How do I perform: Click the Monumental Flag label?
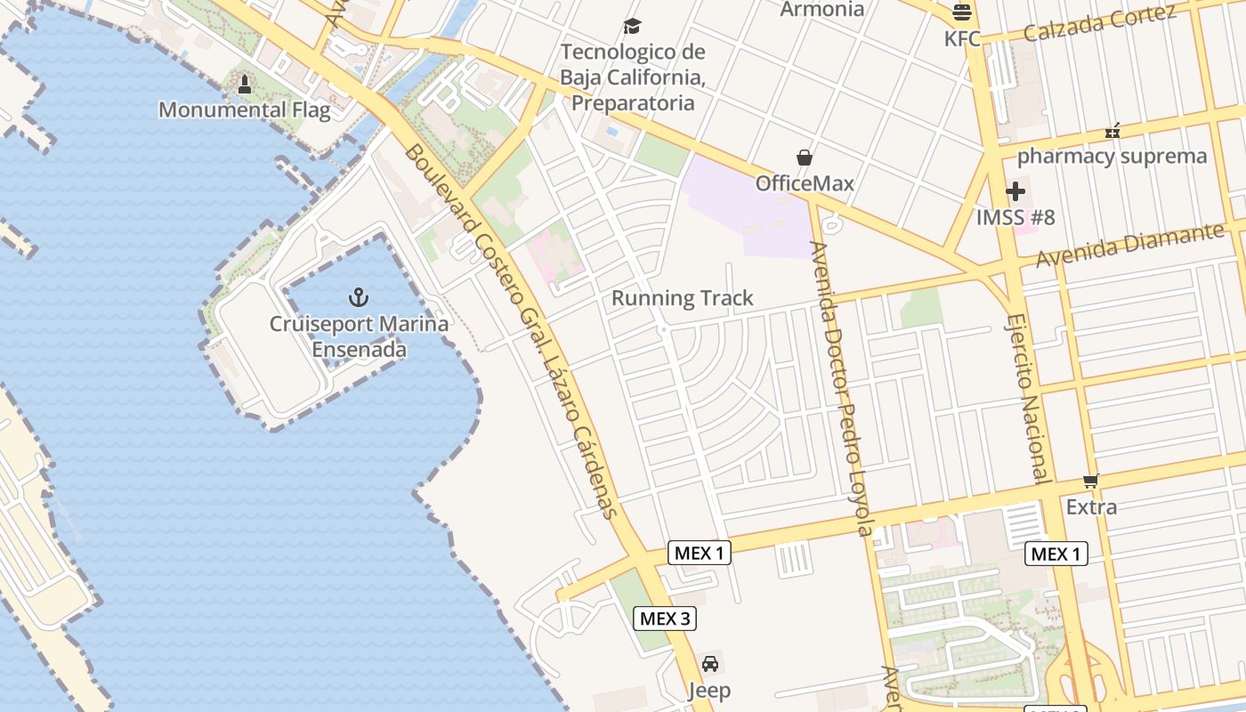244,110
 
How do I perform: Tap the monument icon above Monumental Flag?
245,85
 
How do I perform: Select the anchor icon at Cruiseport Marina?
359,296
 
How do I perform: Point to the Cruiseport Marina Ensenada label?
359,336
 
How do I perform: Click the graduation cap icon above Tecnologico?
632,26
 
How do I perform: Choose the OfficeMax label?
805,183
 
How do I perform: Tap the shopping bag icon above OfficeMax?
805,158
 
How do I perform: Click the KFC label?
962,38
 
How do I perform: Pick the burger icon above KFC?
962,12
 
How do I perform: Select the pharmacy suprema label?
1112,157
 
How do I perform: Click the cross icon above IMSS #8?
1015,191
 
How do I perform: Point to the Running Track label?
683,298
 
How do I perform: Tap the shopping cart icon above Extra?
1091,481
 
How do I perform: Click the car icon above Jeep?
709,664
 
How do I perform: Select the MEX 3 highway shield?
665,618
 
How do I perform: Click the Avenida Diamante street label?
1130,245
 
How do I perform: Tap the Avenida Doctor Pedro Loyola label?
842,389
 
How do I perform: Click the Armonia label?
821,9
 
